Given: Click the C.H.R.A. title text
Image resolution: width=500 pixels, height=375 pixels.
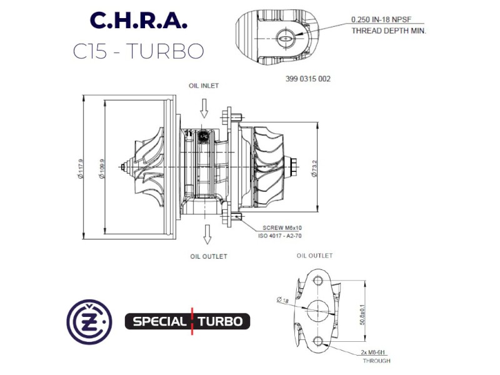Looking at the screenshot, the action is coord(138,21).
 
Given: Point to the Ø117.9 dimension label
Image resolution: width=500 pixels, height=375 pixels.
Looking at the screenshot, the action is coord(80,169).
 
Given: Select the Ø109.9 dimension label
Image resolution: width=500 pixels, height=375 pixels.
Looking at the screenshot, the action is coord(102,169).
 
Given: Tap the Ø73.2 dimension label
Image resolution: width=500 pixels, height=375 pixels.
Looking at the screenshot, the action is coord(314,169).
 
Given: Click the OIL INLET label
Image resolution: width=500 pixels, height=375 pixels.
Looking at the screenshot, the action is coord(204,86).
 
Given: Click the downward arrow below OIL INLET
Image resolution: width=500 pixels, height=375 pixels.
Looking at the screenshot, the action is coord(204,108).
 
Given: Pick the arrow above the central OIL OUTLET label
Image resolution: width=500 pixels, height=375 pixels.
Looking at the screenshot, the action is coord(207,234).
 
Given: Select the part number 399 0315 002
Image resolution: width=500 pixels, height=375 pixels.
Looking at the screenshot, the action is coord(308,79).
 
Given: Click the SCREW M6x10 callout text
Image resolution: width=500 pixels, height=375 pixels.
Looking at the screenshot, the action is coord(282,228).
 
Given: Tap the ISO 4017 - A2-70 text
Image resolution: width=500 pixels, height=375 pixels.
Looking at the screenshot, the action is coord(279,236).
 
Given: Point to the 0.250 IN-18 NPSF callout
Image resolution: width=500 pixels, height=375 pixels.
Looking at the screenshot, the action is coord(381,19).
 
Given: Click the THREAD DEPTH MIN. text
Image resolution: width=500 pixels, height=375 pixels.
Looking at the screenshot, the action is coord(389,31).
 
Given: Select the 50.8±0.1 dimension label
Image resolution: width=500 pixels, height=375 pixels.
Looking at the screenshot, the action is coord(362,315).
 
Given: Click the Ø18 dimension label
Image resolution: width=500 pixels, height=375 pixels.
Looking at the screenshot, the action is coord(282,300).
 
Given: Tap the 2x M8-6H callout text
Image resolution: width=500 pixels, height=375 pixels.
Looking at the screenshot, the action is coord(372,352).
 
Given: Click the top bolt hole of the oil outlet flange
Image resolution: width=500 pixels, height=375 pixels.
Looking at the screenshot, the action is coord(318,281).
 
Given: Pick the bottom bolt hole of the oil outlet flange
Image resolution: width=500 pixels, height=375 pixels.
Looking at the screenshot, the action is coord(318,341).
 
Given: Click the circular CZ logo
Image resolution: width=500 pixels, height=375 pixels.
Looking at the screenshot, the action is coord(89,322).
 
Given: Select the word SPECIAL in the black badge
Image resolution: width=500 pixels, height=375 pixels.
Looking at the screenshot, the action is coord(159,321).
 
